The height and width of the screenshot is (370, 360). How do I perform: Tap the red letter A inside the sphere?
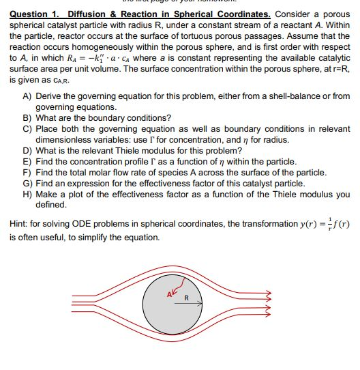click(169, 294)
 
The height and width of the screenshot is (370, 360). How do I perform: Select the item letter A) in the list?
click(28, 98)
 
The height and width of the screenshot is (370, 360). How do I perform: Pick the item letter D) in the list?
click(28, 151)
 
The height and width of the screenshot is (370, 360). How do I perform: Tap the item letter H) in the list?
click(28, 195)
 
